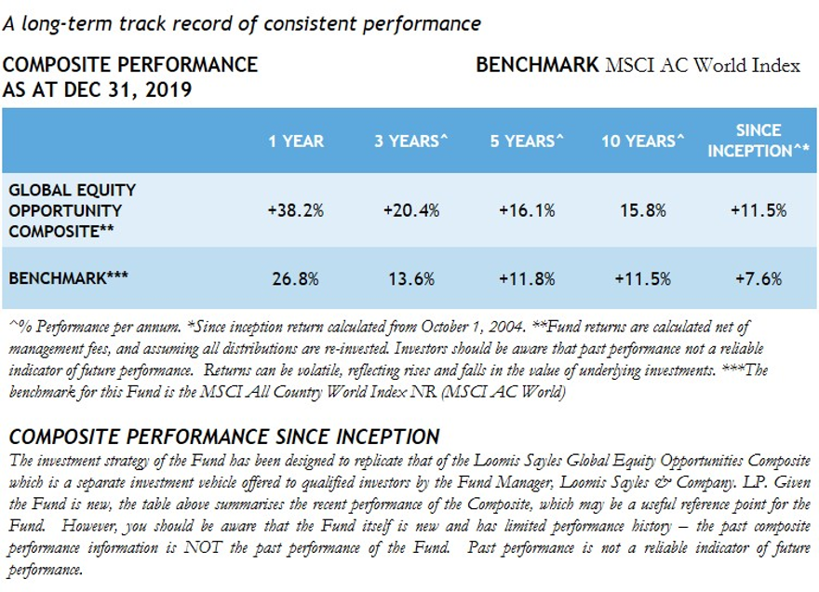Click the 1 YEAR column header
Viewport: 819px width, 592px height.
tap(296, 141)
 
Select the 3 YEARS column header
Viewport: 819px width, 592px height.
tap(410, 141)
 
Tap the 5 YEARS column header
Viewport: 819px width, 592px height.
tap(528, 141)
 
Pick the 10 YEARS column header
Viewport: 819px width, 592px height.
tap(643, 141)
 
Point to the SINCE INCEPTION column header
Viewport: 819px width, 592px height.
tap(759, 141)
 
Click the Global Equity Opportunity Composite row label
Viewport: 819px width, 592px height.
tap(72, 210)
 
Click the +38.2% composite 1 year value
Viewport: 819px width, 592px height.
tap(296, 210)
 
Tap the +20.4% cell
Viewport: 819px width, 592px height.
tap(410, 210)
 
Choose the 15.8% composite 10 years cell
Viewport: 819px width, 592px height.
tap(643, 210)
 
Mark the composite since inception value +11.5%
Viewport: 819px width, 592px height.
tap(759, 210)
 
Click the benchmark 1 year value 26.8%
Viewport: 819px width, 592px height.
tap(296, 277)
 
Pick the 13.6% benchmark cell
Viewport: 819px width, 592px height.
tap(410, 277)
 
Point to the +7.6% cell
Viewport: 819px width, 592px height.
tap(759, 277)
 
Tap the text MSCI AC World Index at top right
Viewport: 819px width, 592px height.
tap(703, 66)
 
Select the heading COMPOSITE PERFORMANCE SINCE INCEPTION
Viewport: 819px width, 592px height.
tap(223, 437)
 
